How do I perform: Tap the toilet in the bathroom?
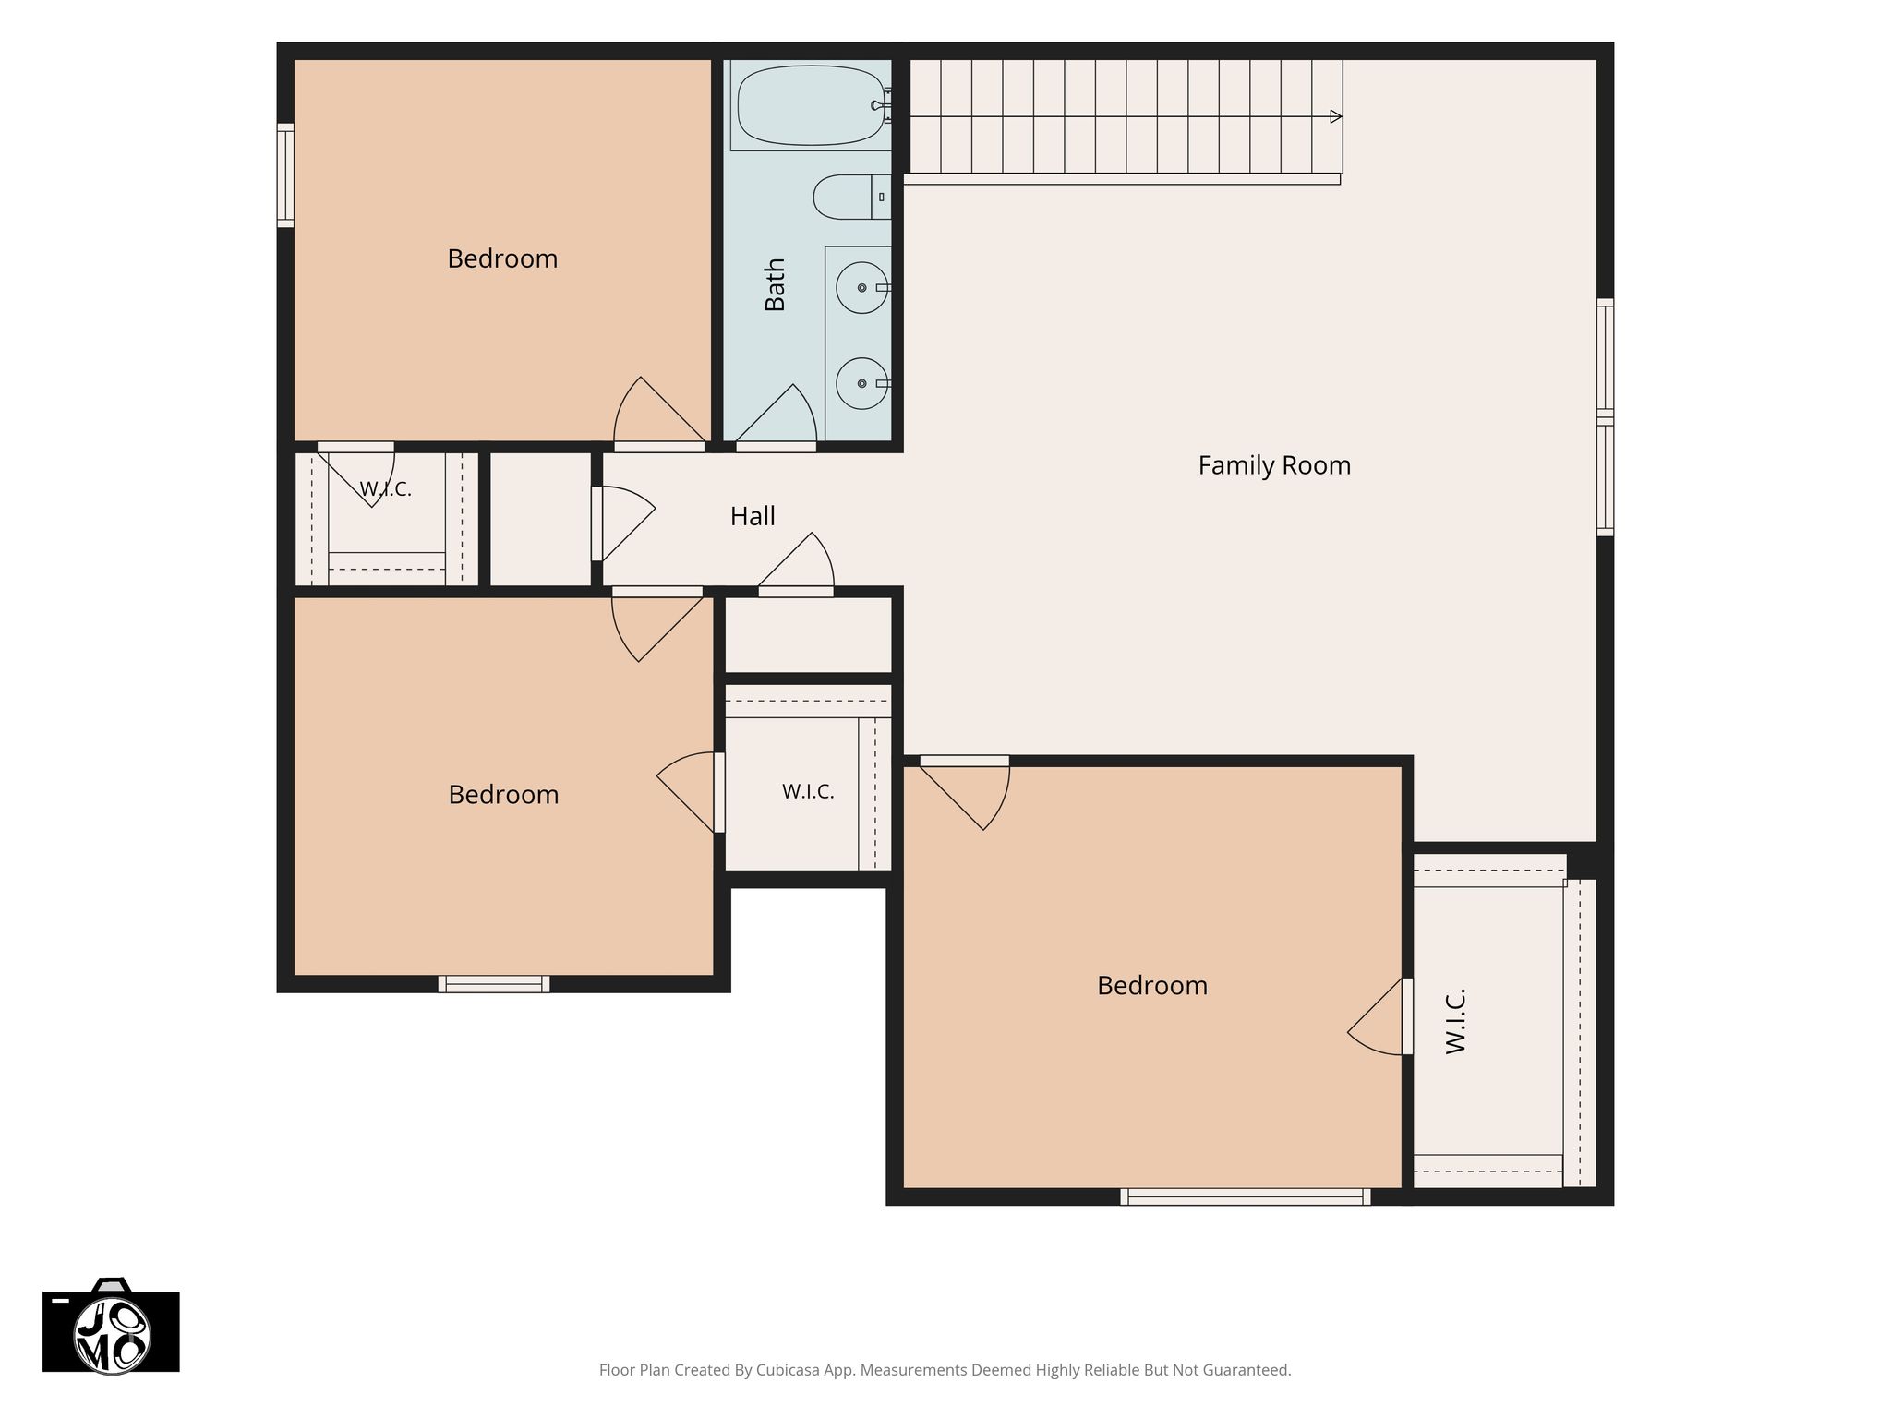pos(852,197)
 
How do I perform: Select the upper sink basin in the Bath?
pos(862,288)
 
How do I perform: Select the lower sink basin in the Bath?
pos(862,383)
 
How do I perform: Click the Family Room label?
pos(1274,465)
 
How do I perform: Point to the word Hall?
pos(753,516)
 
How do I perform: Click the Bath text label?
pos(775,284)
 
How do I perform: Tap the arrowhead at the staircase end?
pos(1335,117)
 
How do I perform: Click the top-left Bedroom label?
pos(502,258)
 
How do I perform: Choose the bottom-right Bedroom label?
pos(1152,986)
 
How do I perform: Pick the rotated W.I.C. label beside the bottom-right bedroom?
pos(1456,1022)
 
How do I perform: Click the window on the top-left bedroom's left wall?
pos(286,175)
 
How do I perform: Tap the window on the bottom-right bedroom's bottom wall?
pos(1246,1196)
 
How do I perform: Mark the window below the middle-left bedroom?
pos(494,984)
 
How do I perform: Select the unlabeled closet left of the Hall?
pos(540,519)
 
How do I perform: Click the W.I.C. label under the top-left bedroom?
pos(385,489)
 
